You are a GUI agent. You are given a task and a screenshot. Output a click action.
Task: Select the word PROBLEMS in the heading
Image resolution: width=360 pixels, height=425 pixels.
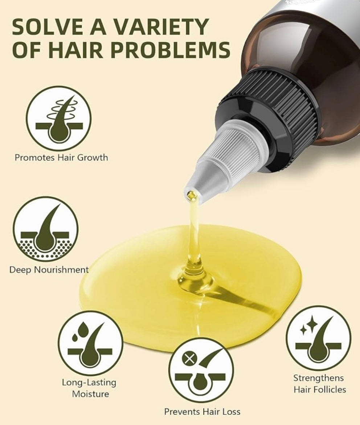click(x=171, y=50)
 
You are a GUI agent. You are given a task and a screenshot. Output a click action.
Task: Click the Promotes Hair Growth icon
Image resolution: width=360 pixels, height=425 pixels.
click(x=58, y=119)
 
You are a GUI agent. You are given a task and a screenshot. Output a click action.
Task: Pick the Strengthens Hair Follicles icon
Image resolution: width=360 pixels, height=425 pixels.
click(x=319, y=338)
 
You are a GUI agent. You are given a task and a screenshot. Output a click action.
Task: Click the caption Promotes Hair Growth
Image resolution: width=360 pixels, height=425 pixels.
click(x=61, y=158)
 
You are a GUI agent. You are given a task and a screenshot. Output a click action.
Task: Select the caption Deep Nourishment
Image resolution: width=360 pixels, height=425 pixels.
click(x=49, y=270)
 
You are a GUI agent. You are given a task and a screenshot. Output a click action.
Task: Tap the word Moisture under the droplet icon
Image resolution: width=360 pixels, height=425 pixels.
click(x=90, y=394)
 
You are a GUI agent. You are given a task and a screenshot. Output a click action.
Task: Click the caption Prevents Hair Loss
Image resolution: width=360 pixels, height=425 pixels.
click(x=202, y=412)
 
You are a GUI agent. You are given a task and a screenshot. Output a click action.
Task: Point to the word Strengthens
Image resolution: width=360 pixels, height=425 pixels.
click(x=319, y=378)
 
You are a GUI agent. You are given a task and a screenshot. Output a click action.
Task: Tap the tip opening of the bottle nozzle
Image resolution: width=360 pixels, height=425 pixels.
click(x=192, y=193)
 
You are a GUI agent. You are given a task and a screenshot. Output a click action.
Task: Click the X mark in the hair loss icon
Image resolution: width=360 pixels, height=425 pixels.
click(x=190, y=359)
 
